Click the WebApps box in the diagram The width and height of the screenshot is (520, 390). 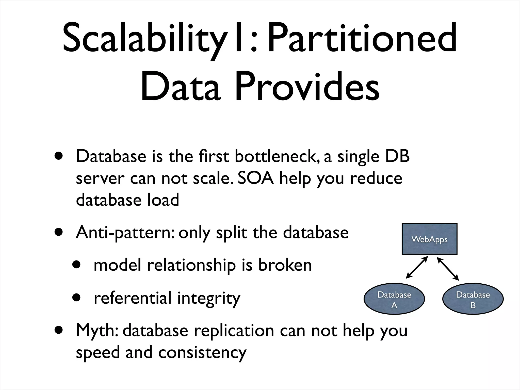tap(429, 239)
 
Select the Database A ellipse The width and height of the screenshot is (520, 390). tap(394, 299)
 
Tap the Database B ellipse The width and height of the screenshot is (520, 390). tap(473, 299)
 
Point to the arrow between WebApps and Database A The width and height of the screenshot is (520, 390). tap(417, 267)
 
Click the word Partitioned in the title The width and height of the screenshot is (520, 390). tap(362, 38)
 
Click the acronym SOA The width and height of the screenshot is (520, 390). tap(256, 178)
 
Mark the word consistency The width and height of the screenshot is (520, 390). tap(202, 353)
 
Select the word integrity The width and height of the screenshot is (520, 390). tap(208, 298)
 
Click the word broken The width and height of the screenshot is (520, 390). tap(285, 265)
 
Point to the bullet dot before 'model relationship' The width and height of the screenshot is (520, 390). tap(76, 265)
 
